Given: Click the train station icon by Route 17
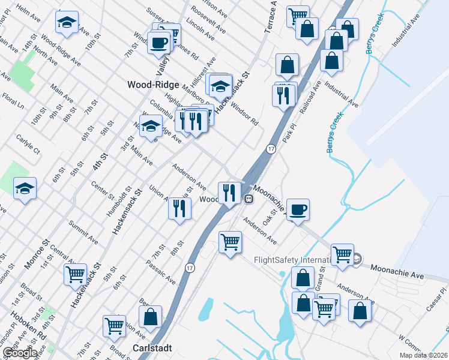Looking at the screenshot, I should coord(248,199).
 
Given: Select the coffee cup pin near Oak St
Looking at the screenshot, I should coord(298,209).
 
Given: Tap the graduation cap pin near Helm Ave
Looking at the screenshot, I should coord(66,23).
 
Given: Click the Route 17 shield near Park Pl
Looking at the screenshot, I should coord(271,149).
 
